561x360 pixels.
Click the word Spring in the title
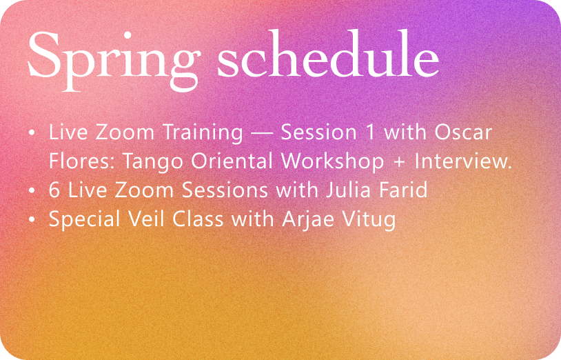tap(113, 60)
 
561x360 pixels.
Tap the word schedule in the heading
tap(328, 54)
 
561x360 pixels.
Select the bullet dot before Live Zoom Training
tap(32, 133)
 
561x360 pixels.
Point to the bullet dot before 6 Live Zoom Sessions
tap(32, 190)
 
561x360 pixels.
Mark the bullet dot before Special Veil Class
tap(32, 219)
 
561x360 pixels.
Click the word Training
tap(203, 133)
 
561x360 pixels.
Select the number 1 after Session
tap(371, 132)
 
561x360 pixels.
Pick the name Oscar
tap(463, 132)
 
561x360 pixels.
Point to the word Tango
tap(153, 162)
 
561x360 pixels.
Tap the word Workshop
tap(333, 162)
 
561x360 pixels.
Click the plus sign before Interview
tap(399, 162)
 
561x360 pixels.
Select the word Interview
tap(463, 161)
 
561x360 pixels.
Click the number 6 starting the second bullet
tap(54, 190)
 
